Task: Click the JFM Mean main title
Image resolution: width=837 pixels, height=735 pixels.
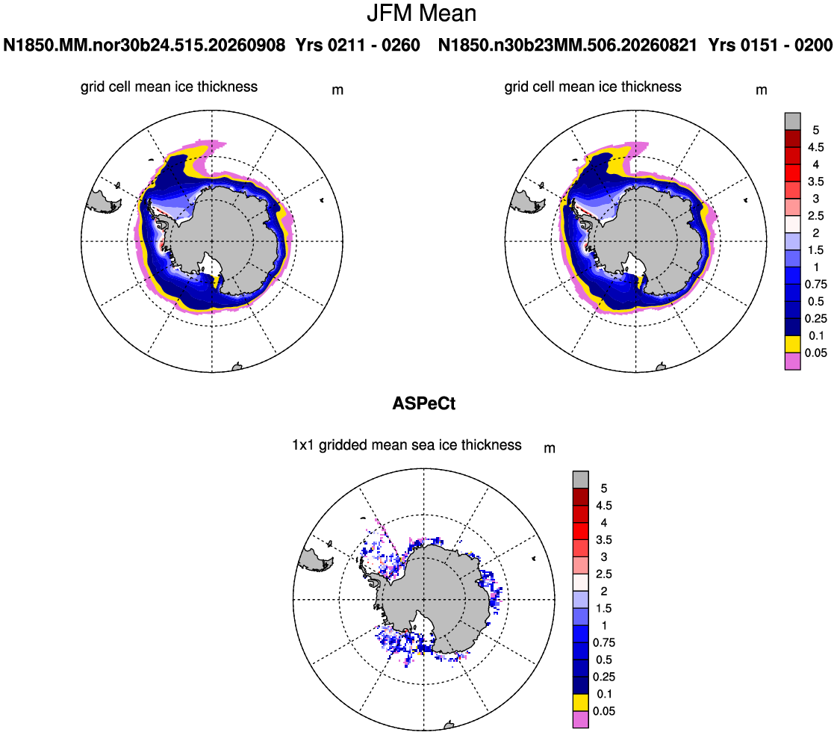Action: [x=421, y=13]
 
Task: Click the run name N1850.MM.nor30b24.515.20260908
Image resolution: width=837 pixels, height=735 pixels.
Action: [x=144, y=45]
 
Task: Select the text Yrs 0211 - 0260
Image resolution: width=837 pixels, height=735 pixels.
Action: [x=358, y=45]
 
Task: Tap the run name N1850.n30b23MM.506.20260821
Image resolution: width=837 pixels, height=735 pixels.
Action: [x=567, y=45]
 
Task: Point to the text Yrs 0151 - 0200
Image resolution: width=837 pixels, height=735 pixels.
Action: [x=771, y=45]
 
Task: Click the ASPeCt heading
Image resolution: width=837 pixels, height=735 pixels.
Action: [x=424, y=403]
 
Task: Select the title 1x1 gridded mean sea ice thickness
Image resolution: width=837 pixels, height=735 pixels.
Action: [x=407, y=445]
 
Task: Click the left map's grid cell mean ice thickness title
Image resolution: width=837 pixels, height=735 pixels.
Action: [x=169, y=87]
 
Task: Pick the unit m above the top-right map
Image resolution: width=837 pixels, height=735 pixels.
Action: [x=762, y=90]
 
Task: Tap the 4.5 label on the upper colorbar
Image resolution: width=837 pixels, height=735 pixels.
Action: [x=815, y=147]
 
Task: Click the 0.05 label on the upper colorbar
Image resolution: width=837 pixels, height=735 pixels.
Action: [x=815, y=353]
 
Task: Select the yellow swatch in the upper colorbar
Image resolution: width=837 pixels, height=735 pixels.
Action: [x=793, y=344]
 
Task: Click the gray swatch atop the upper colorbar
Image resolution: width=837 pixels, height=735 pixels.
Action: [x=793, y=121]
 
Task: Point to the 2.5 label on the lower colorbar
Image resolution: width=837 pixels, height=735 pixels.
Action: [x=604, y=574]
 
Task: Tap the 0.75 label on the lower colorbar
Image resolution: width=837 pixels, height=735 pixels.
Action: [x=604, y=642]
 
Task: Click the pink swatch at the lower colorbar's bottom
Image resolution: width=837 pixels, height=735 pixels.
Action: [x=581, y=719]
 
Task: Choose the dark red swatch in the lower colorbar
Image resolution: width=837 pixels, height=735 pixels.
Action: [x=581, y=497]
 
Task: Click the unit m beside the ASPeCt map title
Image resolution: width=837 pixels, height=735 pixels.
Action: [x=550, y=449]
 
